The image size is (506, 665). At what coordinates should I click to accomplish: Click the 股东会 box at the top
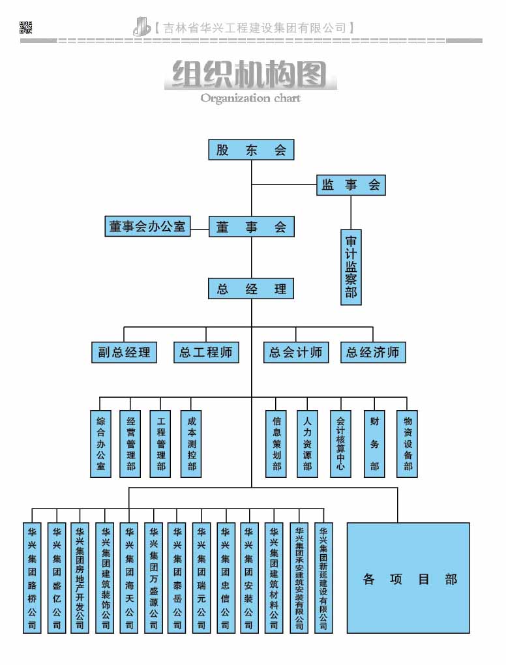tap(251, 150)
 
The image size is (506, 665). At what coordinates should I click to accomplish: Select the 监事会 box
tap(351, 185)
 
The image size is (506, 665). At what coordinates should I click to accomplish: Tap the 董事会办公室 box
tap(147, 227)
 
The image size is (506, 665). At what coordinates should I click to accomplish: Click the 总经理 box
tap(251, 289)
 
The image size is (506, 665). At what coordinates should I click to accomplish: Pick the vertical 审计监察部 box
tap(351, 267)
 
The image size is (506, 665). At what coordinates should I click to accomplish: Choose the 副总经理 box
tap(124, 353)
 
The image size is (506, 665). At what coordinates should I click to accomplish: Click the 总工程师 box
tap(206, 353)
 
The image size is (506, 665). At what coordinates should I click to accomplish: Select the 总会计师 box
tap(296, 353)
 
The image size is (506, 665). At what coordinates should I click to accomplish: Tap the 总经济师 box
tap(373, 353)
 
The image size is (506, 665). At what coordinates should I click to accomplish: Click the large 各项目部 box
tap(408, 578)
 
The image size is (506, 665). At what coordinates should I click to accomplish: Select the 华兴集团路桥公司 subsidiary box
tap(32, 578)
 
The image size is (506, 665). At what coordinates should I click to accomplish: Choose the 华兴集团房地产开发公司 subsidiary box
tap(80, 578)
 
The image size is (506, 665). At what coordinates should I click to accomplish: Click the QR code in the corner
tap(26, 27)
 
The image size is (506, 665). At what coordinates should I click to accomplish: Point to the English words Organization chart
tap(250, 98)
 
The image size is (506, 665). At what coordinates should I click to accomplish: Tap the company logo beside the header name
tap(141, 27)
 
